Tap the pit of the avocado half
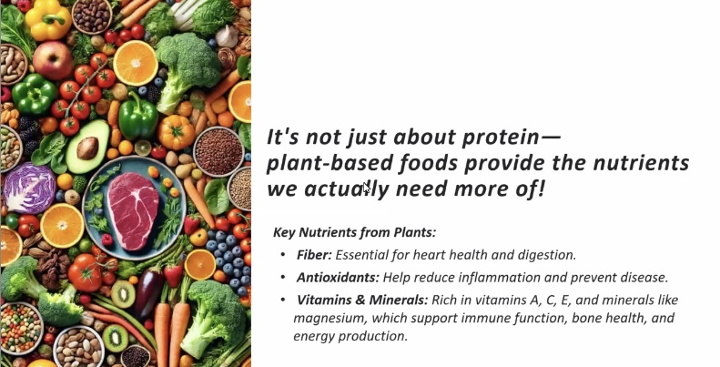pos(87,148)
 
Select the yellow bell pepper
pos(47,20)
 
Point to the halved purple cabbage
pos(29,188)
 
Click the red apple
pos(52,60)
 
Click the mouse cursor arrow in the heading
pos(367,189)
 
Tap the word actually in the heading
pos(346,189)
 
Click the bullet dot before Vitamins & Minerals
pos(283,300)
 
